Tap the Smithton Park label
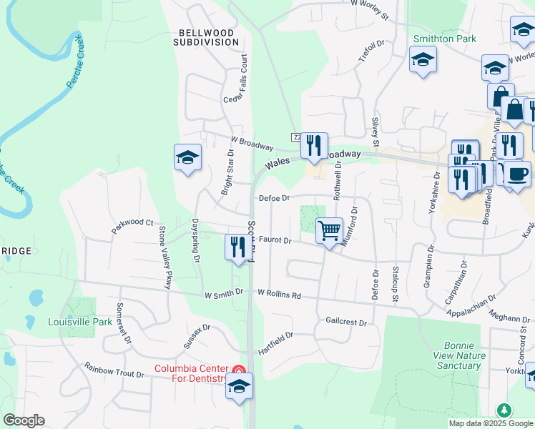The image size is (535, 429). pyautogui.click(x=444, y=39)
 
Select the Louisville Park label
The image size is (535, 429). pyautogui.click(x=80, y=322)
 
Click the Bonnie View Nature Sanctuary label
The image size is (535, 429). pyautogui.click(x=458, y=355)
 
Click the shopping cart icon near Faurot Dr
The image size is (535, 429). pyautogui.click(x=329, y=231)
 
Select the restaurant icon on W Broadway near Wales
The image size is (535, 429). pyautogui.click(x=314, y=146)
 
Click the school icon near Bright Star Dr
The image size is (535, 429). pyautogui.click(x=187, y=157)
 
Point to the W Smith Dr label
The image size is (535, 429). pyautogui.click(x=224, y=293)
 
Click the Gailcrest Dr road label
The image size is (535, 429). pyautogui.click(x=345, y=322)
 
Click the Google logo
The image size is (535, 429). pyautogui.click(x=24, y=420)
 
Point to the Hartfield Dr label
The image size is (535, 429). pyautogui.click(x=276, y=344)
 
